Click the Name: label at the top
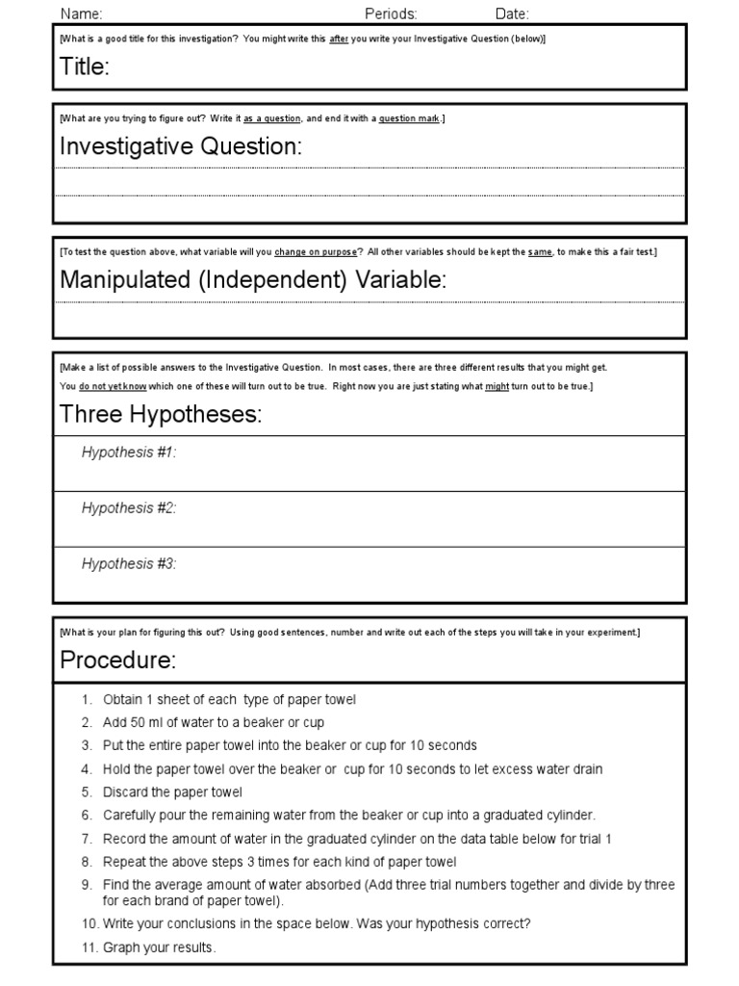(82, 13)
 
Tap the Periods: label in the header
(391, 13)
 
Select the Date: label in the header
(512, 13)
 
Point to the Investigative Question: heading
(181, 146)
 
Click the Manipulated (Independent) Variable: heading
(253, 279)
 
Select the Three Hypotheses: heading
(161, 414)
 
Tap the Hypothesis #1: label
(129, 452)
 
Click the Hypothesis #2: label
(129, 507)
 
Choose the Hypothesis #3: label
(129, 563)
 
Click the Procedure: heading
(118, 661)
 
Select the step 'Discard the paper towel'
(172, 791)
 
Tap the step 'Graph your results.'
(160, 947)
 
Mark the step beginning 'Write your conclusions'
(317, 923)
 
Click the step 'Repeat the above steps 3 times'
(279, 862)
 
